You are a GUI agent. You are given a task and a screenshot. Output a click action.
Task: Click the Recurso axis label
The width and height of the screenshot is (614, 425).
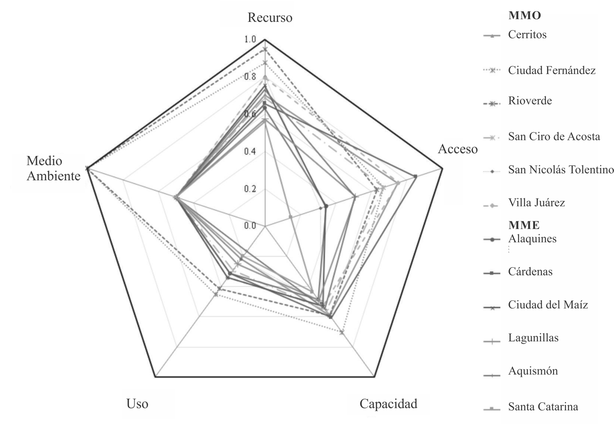[270, 18]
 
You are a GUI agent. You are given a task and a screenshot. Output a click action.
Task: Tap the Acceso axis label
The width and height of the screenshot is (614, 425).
[457, 149]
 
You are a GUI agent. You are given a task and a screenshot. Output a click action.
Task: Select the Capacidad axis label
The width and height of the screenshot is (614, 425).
[388, 404]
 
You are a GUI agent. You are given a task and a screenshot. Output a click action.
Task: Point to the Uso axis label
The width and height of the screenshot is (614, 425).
[137, 404]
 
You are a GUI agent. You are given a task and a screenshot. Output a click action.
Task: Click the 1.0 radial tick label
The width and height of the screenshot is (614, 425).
[250, 40]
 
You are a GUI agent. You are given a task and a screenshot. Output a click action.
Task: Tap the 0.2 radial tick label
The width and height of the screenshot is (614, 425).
[250, 189]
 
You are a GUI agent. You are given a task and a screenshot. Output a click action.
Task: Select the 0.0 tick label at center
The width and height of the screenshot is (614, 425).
[250, 225]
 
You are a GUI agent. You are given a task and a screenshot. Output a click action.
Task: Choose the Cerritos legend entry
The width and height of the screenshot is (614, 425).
[527, 35]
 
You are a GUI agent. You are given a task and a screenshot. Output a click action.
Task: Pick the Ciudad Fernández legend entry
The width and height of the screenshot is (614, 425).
[551, 70]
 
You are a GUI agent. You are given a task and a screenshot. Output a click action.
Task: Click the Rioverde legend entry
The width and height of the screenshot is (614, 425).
[530, 101]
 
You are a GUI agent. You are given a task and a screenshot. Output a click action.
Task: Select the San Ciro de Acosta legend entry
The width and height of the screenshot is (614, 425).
[554, 137]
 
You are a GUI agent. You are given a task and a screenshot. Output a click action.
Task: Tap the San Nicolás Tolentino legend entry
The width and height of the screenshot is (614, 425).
[561, 170]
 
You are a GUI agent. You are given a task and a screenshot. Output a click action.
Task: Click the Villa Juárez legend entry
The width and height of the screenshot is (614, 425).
[536, 203]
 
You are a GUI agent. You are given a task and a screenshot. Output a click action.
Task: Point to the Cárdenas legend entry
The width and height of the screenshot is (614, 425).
[530, 272]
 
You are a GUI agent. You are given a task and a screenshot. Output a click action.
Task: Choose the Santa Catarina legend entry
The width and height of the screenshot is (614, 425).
[543, 407]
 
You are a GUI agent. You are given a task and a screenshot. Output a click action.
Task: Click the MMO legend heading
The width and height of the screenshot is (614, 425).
[524, 15]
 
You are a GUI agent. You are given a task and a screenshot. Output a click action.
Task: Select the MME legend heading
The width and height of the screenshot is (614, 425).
[524, 225]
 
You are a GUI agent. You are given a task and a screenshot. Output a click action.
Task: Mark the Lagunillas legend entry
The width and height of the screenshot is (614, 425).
[533, 338]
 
